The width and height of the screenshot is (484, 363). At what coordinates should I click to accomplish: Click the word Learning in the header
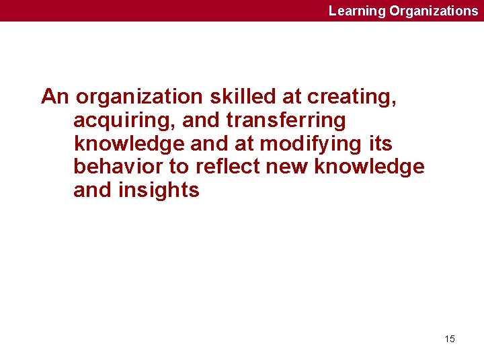coord(357,11)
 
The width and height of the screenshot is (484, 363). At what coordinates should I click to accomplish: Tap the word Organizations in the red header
coord(434,11)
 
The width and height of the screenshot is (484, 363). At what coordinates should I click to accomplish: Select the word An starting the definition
coord(55,97)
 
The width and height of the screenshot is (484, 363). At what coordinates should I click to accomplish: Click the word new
coord(287,167)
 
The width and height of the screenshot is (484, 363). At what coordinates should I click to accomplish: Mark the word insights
coord(159,191)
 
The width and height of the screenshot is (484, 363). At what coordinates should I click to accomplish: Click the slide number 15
coord(450,339)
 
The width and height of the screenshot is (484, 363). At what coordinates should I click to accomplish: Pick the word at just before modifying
coord(244,144)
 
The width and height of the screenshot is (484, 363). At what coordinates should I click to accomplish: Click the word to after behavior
coord(179,167)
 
